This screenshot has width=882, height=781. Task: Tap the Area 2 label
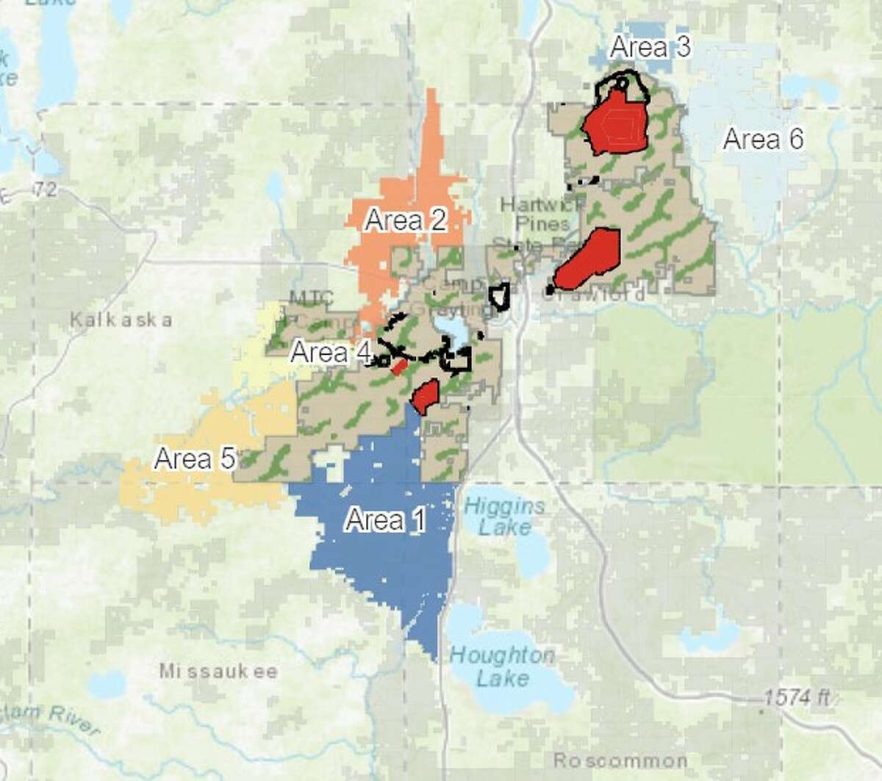pos(406,220)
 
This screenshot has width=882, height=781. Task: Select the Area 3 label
pos(650,47)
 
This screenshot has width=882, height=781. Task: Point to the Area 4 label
pos(331,353)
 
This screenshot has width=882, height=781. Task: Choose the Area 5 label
pos(195,459)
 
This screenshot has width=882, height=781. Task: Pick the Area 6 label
pos(763,139)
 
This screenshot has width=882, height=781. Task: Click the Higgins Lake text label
pos(504,516)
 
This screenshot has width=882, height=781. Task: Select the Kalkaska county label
pos(122,320)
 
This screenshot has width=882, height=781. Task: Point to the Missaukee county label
pos(218,672)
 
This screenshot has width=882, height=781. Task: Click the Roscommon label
pos(621,760)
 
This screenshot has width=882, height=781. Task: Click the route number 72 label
pos(46,191)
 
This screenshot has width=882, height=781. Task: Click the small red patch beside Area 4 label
pos(399,367)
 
